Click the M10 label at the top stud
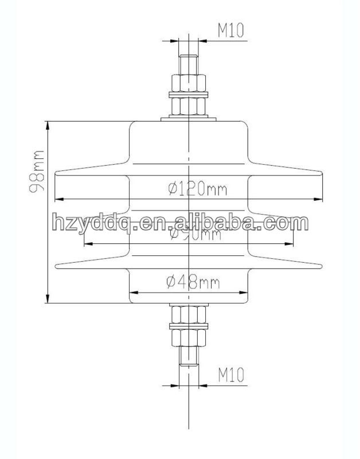[x=231, y=31]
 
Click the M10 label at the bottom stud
[x=231, y=375]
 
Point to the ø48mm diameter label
[x=189, y=282]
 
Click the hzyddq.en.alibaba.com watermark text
[x=179, y=221]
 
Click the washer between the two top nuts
[x=189, y=94]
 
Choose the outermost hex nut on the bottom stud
[x=189, y=338]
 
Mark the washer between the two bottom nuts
[x=189, y=326]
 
